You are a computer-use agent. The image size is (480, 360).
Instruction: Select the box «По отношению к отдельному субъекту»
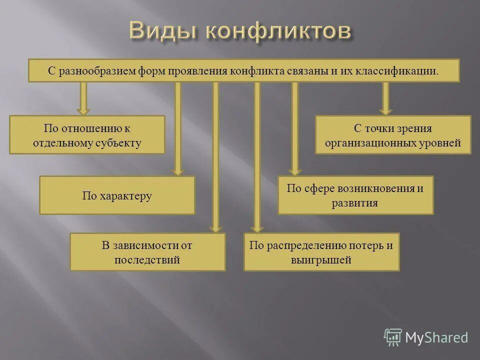87,135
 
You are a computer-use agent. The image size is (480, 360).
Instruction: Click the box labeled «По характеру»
117,195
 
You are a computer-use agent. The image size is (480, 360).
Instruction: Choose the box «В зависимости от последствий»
147,252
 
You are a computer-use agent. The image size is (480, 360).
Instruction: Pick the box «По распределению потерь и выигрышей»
321,252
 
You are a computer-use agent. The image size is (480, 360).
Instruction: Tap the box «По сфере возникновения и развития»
355,195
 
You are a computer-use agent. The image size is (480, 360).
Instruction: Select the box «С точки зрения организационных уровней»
392,135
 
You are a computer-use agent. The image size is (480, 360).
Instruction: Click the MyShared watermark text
436,337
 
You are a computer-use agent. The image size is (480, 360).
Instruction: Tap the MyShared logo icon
393,337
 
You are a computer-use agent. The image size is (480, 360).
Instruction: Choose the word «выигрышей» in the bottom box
321,260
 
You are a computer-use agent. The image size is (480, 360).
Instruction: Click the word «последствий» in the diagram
147,260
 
